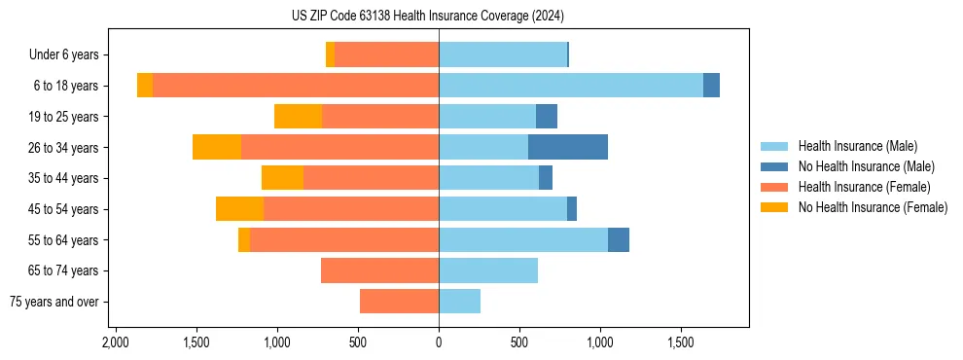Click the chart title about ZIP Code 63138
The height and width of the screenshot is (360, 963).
427,16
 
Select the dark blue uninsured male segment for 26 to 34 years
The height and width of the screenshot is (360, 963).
568,147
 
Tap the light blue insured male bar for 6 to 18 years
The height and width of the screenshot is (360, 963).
571,86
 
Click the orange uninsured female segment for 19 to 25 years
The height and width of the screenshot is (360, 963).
298,117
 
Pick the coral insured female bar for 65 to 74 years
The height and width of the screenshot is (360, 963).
379,270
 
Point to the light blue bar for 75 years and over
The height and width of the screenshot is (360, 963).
459,302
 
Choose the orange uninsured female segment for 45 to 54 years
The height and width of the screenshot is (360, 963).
239,209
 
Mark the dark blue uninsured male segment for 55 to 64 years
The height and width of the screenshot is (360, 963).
619,239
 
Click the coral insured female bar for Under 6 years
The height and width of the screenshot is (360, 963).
386,54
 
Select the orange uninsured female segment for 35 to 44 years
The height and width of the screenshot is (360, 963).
282,178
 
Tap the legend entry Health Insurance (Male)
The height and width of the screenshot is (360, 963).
857,146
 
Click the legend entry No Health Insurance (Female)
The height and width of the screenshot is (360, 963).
873,207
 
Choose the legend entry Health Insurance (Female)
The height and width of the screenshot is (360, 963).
865,187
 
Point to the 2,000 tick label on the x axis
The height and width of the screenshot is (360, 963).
116,342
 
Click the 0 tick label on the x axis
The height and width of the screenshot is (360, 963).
439,342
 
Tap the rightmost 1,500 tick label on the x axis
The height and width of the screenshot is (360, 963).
681,342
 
